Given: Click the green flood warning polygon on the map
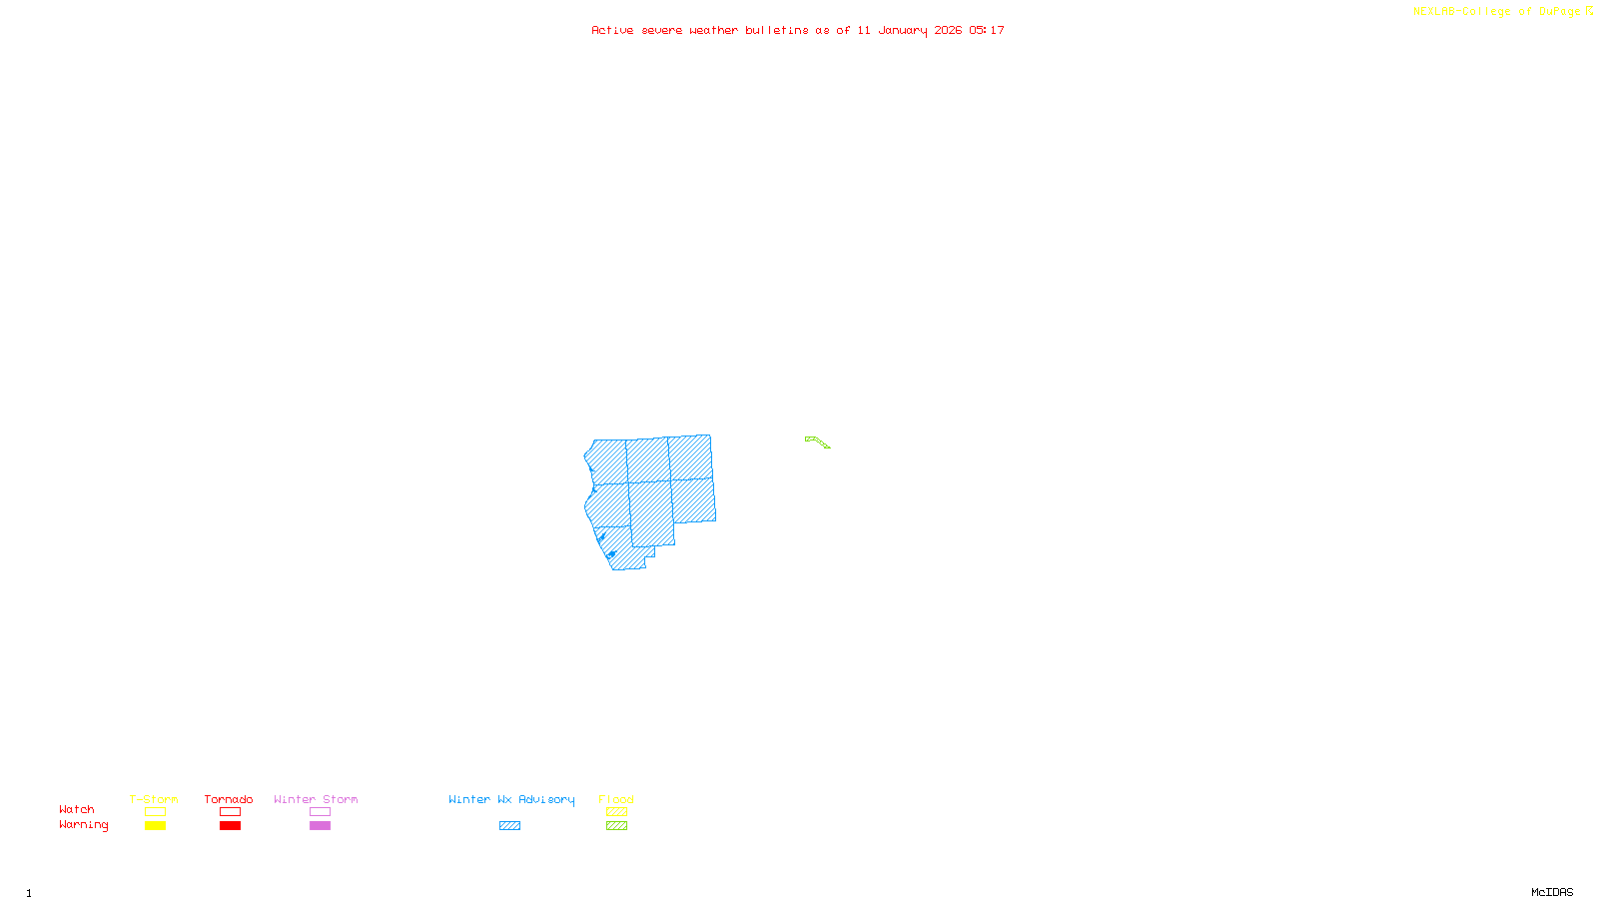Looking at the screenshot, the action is coord(816,441).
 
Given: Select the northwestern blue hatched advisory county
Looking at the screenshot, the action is coord(607,461).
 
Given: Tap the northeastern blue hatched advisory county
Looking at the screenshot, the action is coord(690,457).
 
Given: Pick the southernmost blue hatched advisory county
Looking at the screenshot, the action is coord(625,552).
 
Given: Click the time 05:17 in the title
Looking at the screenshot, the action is coord(986,30).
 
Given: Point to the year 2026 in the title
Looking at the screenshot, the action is coord(948,30).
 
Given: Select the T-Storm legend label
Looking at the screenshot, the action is coord(154,799).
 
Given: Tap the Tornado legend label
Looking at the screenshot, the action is coord(229,799).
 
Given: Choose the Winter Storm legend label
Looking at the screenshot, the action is coord(316,799).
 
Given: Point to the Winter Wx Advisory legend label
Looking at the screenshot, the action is coord(511,799).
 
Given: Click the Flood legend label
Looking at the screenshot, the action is coord(616,799).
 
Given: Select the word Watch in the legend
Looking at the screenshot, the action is coord(77,809).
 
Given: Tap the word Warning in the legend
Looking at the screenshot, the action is coord(84,825).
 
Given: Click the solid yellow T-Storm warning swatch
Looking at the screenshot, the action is coord(155,826).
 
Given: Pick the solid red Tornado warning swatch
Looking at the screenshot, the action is coord(230,826).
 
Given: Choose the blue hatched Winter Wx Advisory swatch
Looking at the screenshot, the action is coord(509,826).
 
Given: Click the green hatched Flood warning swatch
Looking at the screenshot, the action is coord(616,826).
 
